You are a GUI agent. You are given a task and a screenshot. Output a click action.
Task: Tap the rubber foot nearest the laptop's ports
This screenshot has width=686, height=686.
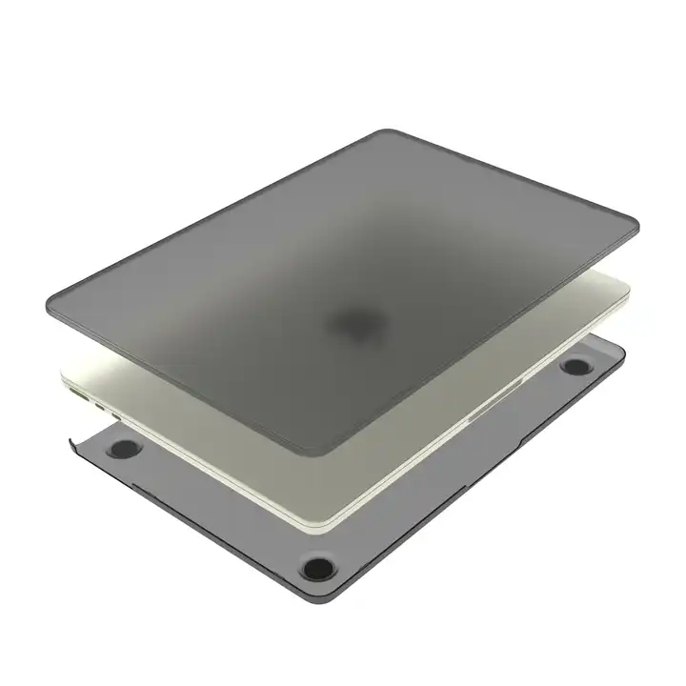pyautogui.click(x=125, y=449)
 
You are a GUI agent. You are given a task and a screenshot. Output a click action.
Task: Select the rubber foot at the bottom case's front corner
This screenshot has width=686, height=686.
pyautogui.click(x=318, y=569)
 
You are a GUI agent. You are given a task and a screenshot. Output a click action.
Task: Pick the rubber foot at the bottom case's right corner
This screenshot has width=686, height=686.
pyautogui.click(x=575, y=365)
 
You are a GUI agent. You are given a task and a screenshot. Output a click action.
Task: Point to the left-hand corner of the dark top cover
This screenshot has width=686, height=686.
pyautogui.click(x=52, y=303)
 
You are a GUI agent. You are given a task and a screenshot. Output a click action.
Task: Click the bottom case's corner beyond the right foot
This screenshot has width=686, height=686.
pyautogui.click(x=622, y=353)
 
